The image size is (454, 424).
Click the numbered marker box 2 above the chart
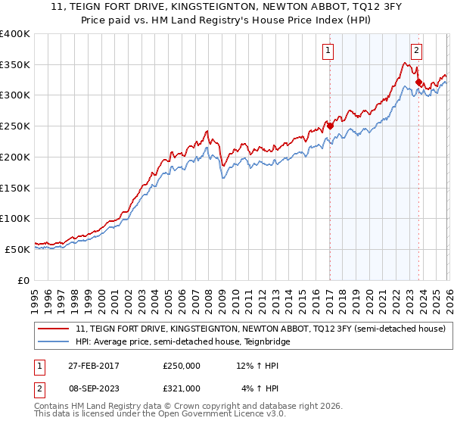point(416,51)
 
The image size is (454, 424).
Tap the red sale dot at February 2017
point(330,126)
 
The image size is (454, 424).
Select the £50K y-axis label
point(17,249)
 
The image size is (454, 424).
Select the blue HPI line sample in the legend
point(54,341)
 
